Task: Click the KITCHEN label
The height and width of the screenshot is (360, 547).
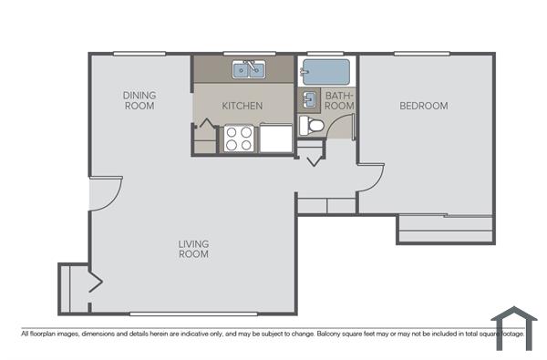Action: coord(243,106)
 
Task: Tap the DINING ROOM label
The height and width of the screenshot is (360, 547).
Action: coord(139,100)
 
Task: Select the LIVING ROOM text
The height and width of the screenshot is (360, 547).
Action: coord(193,249)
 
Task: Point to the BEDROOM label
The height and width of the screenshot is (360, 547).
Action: coord(424,106)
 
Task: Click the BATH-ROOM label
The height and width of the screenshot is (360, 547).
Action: coord(339,100)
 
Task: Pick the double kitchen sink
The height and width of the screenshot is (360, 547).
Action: coord(247,69)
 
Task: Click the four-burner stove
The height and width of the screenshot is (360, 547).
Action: coord(239,139)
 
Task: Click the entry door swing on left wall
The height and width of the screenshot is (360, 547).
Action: coord(106,193)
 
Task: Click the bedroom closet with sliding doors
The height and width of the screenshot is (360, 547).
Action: coord(446,230)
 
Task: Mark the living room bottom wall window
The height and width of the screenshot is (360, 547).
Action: coord(193,314)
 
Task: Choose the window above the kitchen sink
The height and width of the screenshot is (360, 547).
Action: coord(247,54)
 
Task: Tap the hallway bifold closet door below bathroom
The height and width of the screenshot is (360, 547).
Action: coord(313,159)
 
